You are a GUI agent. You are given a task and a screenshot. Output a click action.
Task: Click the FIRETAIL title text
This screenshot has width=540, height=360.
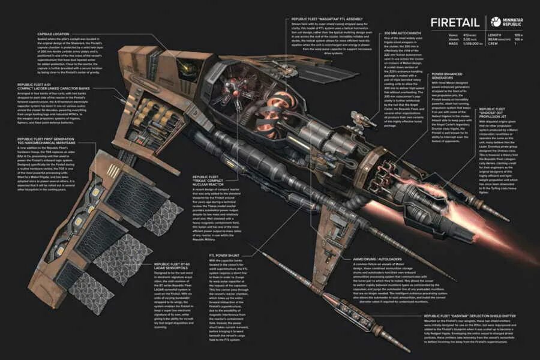[454, 23]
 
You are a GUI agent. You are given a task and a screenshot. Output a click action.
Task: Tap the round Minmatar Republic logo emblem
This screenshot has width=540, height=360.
[496, 22]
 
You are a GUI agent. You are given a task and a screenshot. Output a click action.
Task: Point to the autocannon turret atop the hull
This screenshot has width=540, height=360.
[240, 90]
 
